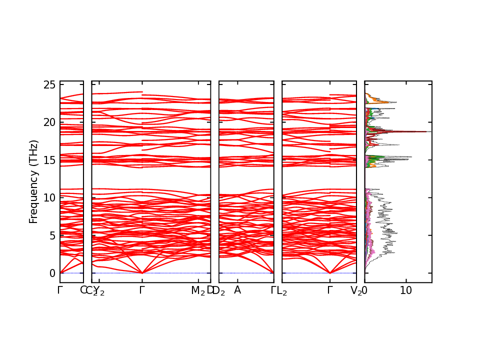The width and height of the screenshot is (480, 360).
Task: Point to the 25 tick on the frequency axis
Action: pyautogui.click(x=49, y=84)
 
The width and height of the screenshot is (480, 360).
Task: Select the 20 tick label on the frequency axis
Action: pyautogui.click(x=49, y=122)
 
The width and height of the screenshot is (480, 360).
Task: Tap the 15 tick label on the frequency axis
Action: pyautogui.click(x=49, y=160)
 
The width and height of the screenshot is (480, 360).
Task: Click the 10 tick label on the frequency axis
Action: pyautogui.click(x=49, y=198)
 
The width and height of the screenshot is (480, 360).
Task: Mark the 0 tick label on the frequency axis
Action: pyautogui.click(x=52, y=273)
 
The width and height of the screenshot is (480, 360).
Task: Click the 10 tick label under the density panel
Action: pyautogui.click(x=406, y=290)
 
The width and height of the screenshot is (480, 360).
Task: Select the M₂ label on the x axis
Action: pyautogui.click(x=198, y=290)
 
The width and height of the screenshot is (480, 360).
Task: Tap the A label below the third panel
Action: pyautogui.click(x=237, y=290)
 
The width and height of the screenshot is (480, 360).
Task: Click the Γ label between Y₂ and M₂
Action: pyautogui.click(x=142, y=290)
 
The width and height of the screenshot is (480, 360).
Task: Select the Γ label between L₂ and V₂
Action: pyautogui.click(x=330, y=290)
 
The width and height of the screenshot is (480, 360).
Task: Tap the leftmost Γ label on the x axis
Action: pyautogui.click(x=60, y=290)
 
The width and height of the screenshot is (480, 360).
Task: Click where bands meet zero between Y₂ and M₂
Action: pyautogui.click(x=142, y=273)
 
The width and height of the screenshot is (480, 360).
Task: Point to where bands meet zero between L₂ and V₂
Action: pyautogui.click(x=330, y=273)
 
